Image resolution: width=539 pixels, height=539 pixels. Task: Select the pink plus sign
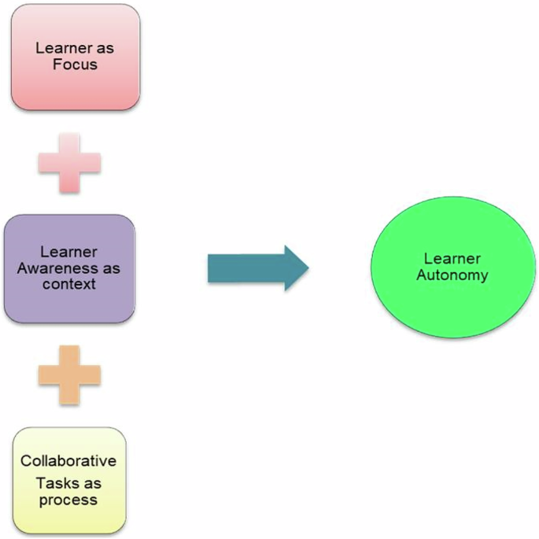click(x=69, y=162)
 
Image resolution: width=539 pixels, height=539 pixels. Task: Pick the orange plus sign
click(x=69, y=375)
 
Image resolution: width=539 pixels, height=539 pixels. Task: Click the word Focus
click(x=75, y=64)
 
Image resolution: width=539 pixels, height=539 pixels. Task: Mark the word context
click(x=69, y=282)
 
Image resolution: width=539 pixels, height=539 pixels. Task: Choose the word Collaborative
click(x=68, y=461)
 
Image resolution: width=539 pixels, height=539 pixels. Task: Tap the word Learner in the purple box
click(x=68, y=252)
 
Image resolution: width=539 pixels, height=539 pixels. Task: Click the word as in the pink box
click(x=105, y=48)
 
